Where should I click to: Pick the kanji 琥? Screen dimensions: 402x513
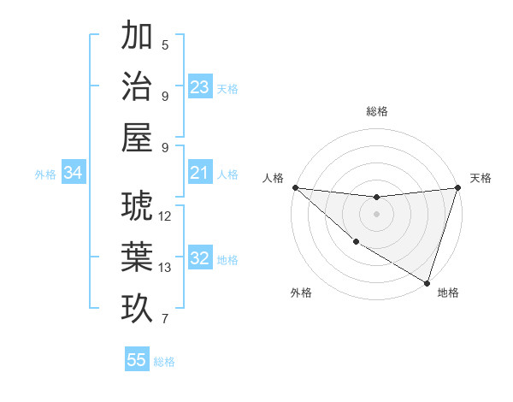(x=137, y=205)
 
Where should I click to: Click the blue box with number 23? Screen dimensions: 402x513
(x=200, y=87)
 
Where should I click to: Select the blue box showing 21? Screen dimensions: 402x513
(x=200, y=174)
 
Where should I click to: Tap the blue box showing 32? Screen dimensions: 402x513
(x=200, y=259)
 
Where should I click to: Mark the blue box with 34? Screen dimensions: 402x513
(x=74, y=174)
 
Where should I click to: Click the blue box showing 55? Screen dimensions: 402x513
(x=137, y=360)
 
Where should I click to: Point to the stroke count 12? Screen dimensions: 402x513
(x=165, y=216)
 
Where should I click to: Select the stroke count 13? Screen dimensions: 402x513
(x=165, y=268)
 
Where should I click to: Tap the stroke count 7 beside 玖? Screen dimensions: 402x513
(x=165, y=320)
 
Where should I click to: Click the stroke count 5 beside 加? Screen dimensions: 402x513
(x=165, y=45)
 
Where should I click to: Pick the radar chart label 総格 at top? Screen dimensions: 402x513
(x=376, y=111)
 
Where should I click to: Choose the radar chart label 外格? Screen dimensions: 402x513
(x=301, y=293)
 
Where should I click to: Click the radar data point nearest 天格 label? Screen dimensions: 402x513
(x=457, y=187)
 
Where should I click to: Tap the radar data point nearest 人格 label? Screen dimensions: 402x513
(x=295, y=187)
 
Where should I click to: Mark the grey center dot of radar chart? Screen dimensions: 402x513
(x=376, y=214)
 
